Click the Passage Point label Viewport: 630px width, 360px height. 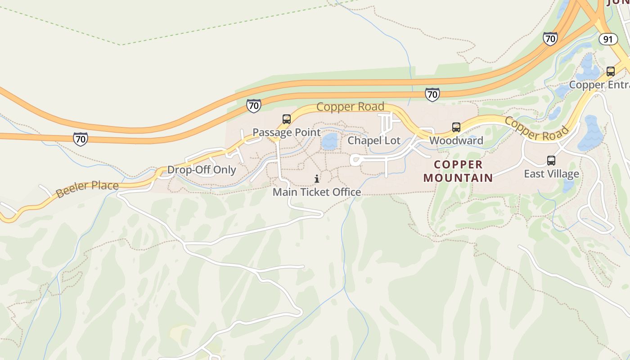[x=286, y=132]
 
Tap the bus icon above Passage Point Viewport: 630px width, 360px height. [x=287, y=119]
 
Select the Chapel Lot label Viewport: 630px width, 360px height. [x=374, y=140]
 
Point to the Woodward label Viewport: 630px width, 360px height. [x=456, y=140]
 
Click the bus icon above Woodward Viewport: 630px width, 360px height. [x=456, y=127]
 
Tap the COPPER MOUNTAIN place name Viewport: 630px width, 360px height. [x=458, y=171]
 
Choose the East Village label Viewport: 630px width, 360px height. [x=551, y=174]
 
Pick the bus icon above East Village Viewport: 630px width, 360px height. [x=551, y=161]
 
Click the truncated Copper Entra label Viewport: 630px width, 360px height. [x=599, y=85]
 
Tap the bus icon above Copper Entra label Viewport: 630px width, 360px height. [x=611, y=72]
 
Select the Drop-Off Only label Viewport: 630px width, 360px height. [x=202, y=170]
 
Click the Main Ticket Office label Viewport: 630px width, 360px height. [x=317, y=192]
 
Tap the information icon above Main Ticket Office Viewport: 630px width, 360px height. [x=317, y=179]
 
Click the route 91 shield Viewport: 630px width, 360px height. [x=608, y=39]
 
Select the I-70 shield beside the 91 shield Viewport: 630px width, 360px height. [x=550, y=39]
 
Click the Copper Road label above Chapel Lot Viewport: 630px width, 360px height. [x=350, y=107]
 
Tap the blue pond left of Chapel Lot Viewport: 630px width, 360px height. [x=330, y=141]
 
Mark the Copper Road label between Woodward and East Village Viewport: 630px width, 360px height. [x=536, y=128]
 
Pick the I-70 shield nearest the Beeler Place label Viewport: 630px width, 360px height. [x=80, y=139]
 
